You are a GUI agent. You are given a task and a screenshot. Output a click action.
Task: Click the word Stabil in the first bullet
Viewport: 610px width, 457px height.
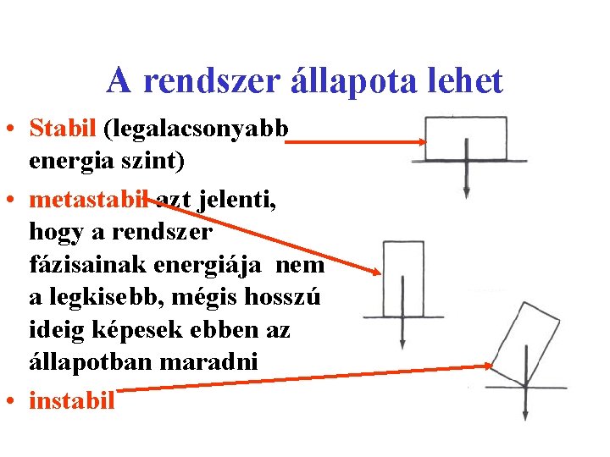[64, 128]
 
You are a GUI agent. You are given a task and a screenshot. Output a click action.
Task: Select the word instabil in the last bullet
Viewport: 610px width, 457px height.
[71, 399]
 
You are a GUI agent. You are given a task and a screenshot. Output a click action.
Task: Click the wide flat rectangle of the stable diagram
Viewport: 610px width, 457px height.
[455, 139]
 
